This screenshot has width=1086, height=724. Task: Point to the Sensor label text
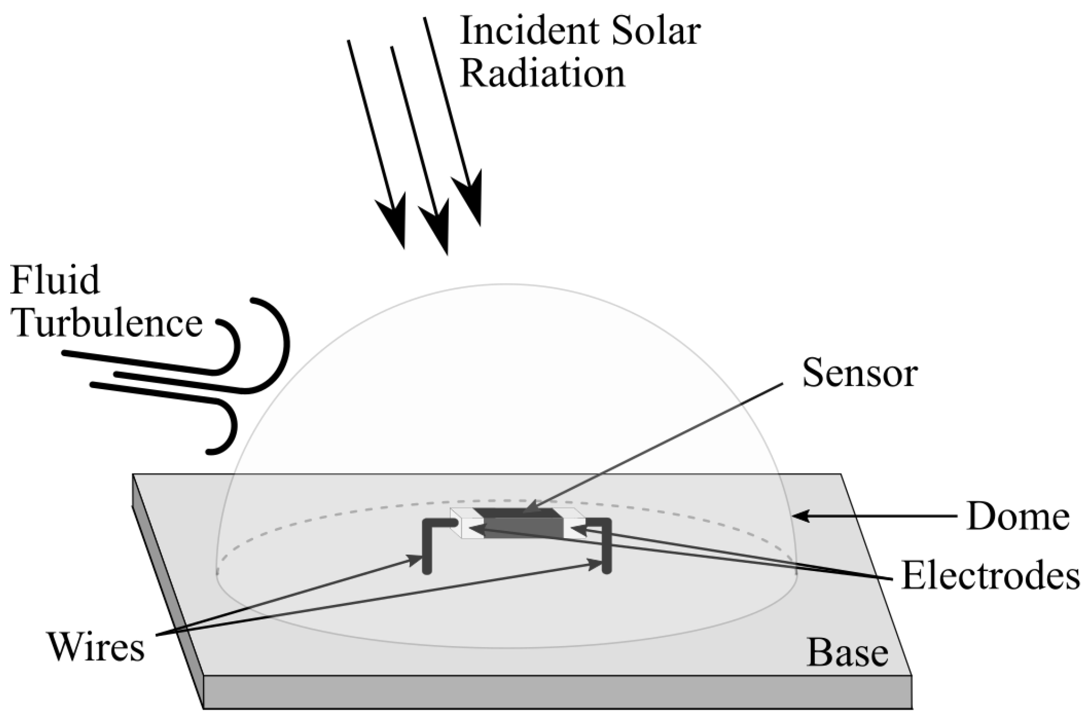pyautogui.click(x=859, y=374)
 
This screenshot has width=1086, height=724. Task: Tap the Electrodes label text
pyautogui.click(x=990, y=576)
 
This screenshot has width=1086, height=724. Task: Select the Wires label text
pyautogui.click(x=95, y=648)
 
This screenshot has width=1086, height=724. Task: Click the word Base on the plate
pyautogui.click(x=847, y=653)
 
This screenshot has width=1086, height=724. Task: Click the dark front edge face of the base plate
pyautogui.click(x=557, y=692)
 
